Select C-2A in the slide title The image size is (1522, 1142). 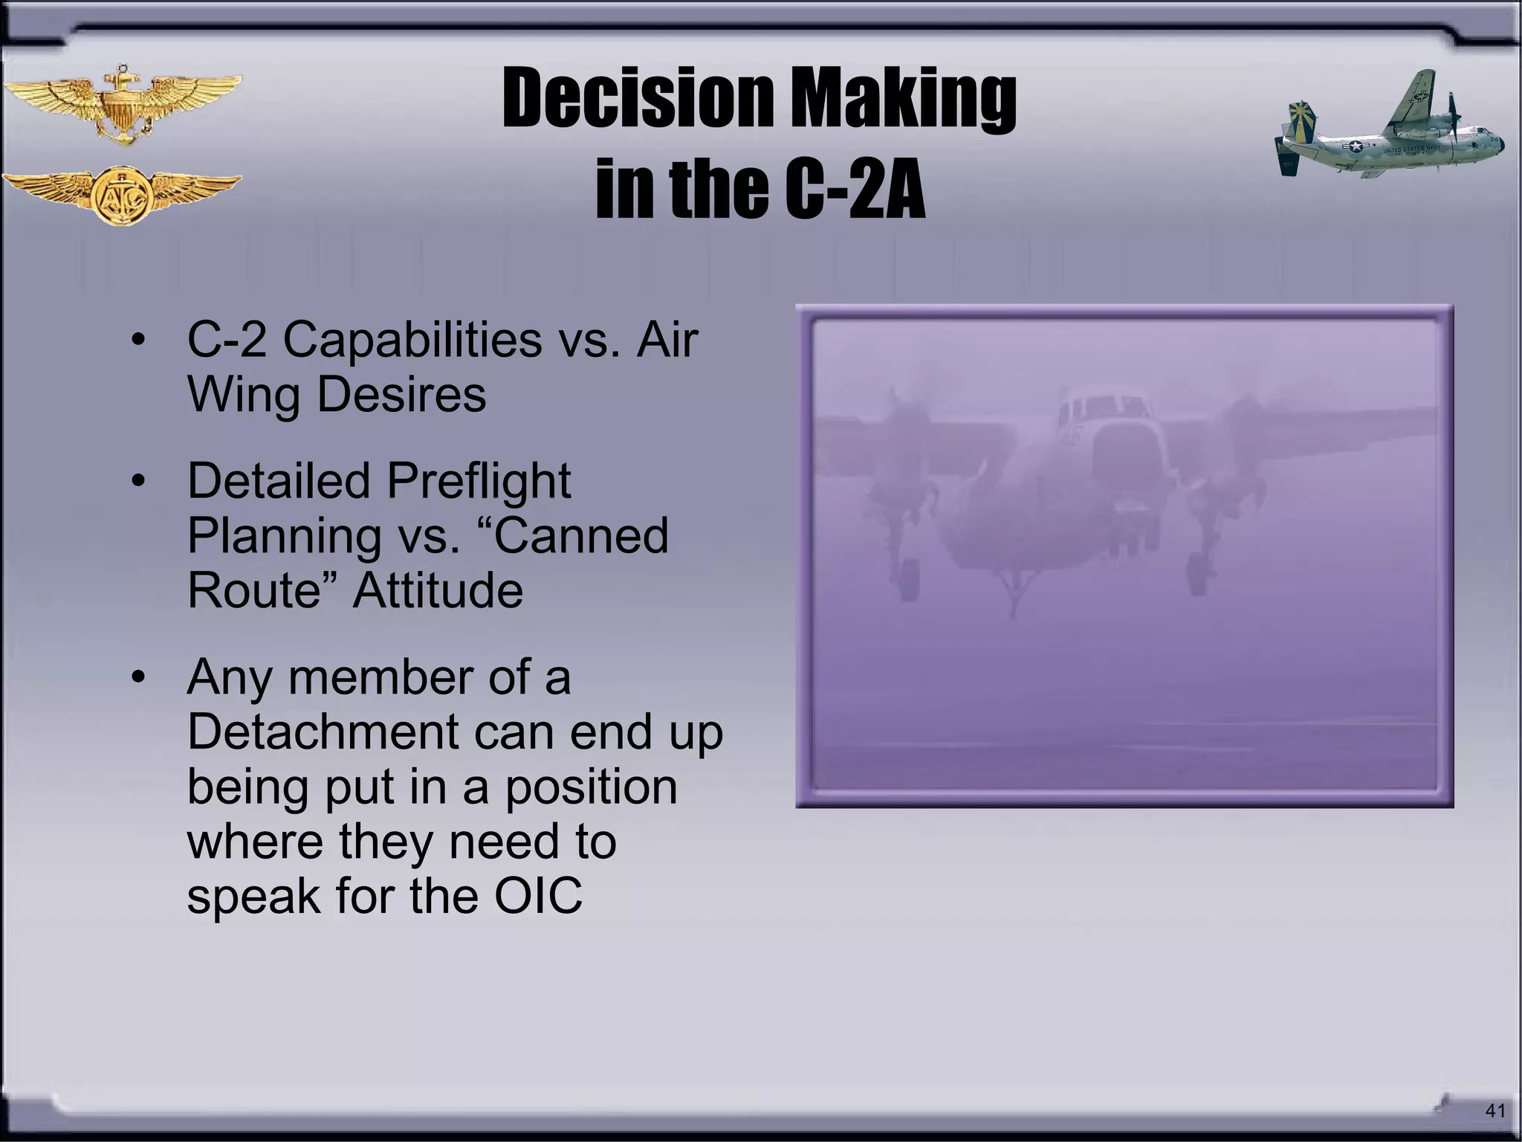pos(855,190)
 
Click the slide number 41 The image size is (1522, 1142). pos(1495,1111)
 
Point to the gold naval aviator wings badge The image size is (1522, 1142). pos(122,104)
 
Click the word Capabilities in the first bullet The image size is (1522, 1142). pos(412,341)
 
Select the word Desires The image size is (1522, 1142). pos(401,395)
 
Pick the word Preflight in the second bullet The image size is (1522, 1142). pos(479,481)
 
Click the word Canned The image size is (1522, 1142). pos(580,535)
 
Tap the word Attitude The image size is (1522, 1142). pos(438,590)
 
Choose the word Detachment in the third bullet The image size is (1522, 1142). pos(323,732)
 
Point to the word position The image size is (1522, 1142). pos(591,787)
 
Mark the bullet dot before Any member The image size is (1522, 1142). pos(137,678)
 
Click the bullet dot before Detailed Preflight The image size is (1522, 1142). pos(137,481)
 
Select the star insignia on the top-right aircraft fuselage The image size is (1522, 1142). pos(1355,146)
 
